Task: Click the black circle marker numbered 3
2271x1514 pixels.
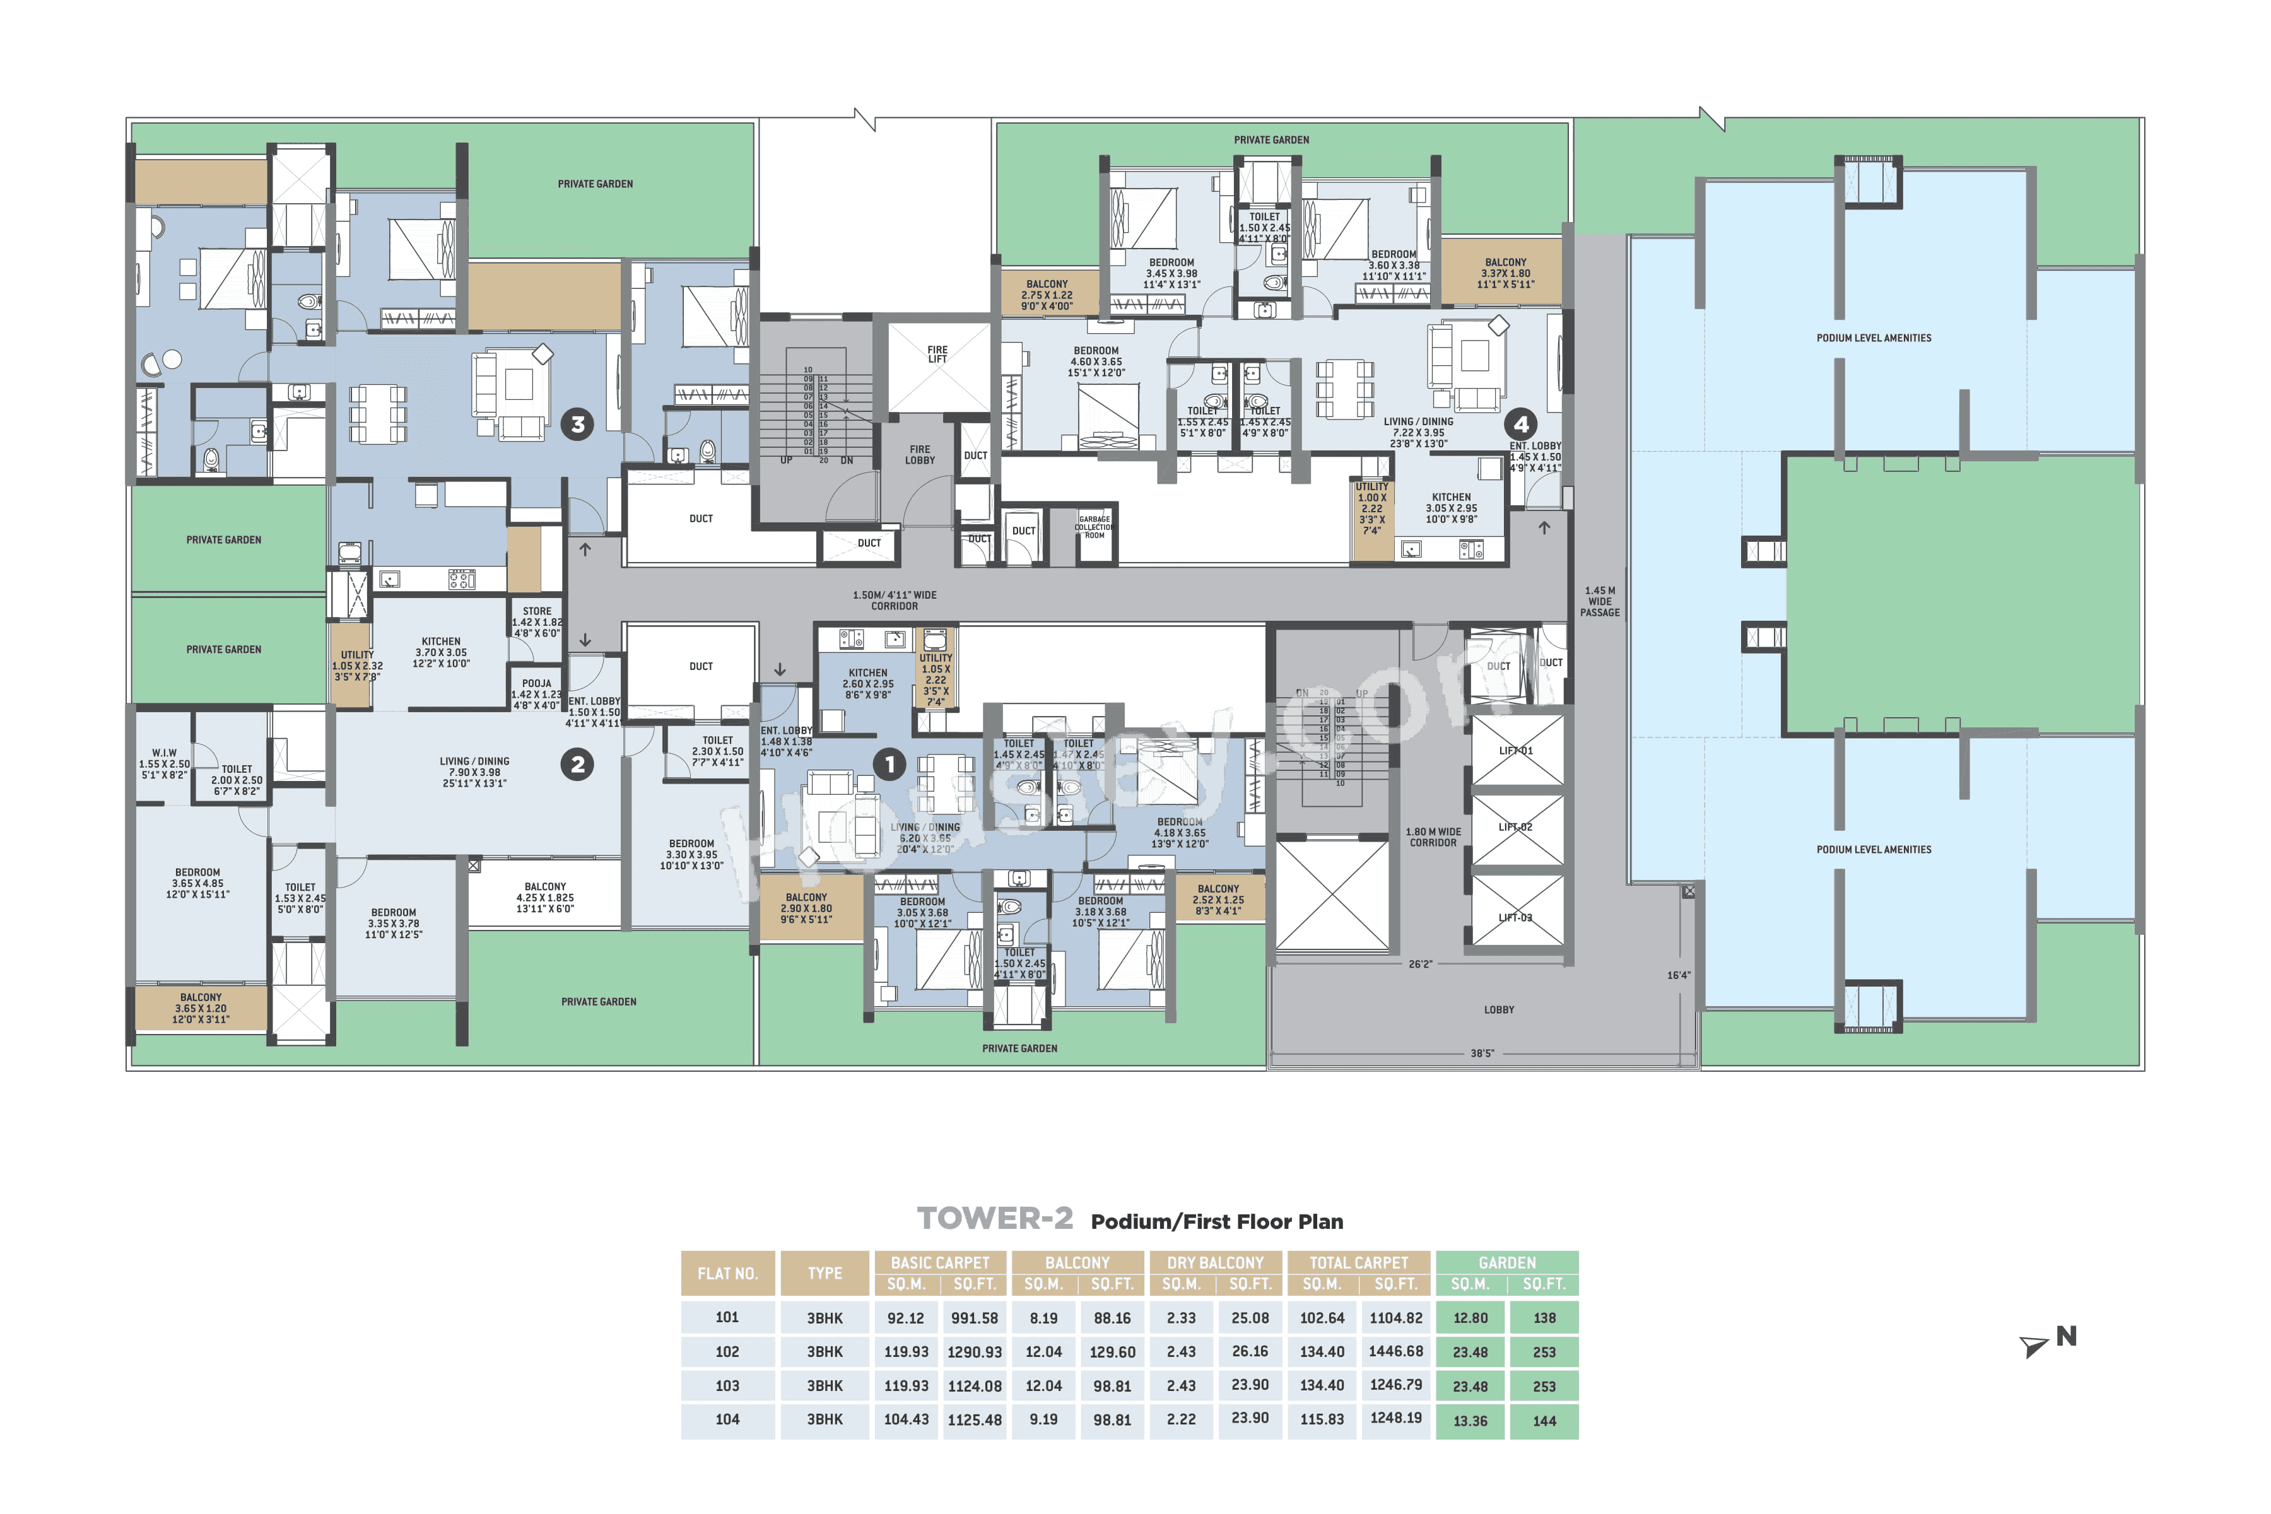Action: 577,424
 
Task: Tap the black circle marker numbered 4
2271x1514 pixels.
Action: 1521,424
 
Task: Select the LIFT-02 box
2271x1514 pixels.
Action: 1516,828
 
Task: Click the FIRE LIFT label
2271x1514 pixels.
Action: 937,355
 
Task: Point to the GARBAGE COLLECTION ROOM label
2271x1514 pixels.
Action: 1094,527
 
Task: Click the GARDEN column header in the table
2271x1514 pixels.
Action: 1506,1263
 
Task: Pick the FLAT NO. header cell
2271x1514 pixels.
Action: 727,1274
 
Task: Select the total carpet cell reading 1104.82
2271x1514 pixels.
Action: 1395,1318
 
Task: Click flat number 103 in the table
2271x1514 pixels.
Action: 727,1385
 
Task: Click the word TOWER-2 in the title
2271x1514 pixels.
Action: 995,1219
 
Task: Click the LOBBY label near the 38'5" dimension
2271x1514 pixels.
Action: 1499,1010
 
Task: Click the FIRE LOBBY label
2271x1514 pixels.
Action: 919,455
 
